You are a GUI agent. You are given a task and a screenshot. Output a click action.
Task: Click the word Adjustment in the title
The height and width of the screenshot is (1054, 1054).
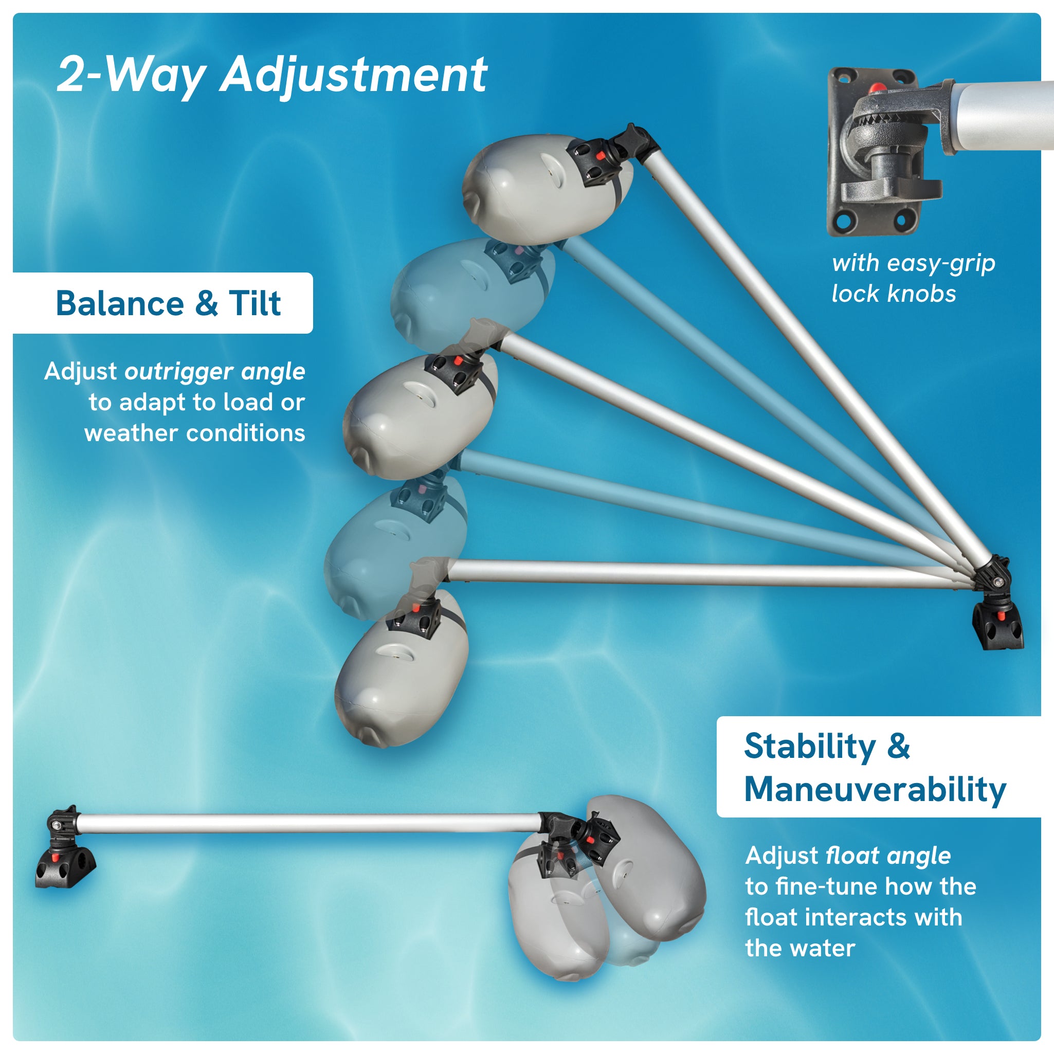354,75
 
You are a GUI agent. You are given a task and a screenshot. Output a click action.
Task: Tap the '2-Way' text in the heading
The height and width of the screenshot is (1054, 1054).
131,75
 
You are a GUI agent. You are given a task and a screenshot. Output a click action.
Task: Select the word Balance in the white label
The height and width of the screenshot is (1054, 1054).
120,303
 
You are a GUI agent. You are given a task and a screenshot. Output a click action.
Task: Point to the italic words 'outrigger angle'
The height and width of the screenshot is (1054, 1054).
214,372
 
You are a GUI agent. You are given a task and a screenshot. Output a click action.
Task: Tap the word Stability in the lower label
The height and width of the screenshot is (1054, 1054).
810,747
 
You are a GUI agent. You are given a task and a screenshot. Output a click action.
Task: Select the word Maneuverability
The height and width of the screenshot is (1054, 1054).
875,789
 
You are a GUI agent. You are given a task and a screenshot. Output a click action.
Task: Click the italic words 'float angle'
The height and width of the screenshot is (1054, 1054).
888,856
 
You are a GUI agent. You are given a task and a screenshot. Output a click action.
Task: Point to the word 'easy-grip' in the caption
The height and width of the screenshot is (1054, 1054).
941,263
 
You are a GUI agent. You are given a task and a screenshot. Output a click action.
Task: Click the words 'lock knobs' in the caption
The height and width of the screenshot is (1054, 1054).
894,294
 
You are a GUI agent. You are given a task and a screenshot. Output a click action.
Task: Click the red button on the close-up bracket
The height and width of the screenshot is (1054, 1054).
877,88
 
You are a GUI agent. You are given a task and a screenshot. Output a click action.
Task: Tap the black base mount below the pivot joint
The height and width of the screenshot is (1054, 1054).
998,627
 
